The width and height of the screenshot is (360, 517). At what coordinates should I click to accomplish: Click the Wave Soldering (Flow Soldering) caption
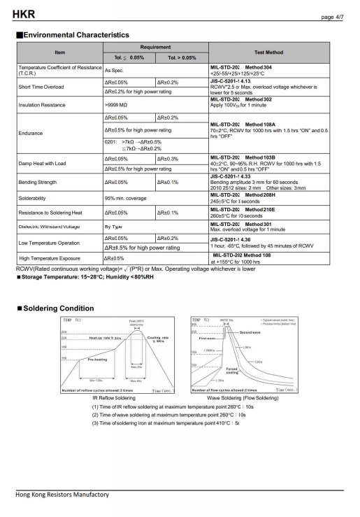pos(243,397)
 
